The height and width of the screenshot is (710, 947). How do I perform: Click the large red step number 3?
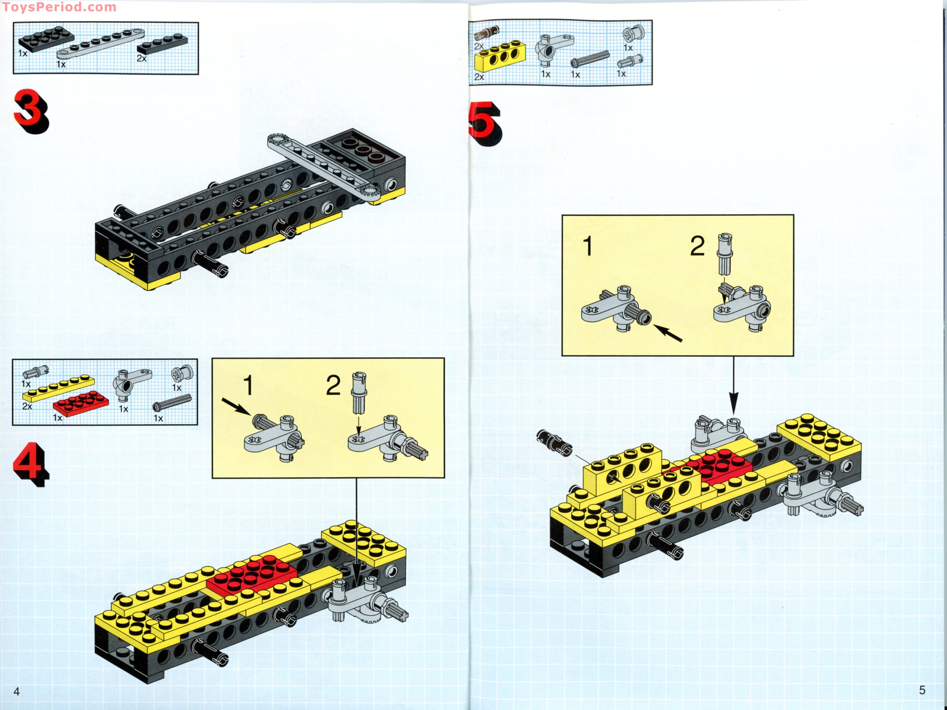point(31,111)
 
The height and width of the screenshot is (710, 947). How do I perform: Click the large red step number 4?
point(30,465)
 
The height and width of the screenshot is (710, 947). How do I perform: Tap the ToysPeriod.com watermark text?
point(59,7)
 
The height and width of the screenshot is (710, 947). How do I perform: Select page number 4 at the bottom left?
point(17,692)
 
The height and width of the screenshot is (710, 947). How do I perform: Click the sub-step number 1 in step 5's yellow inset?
point(588,246)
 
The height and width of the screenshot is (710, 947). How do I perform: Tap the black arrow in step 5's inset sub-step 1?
point(668,333)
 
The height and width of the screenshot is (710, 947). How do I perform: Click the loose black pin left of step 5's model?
point(554,443)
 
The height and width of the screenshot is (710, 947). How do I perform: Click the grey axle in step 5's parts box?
point(589,59)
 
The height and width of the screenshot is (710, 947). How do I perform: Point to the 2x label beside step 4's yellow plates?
point(27,406)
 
